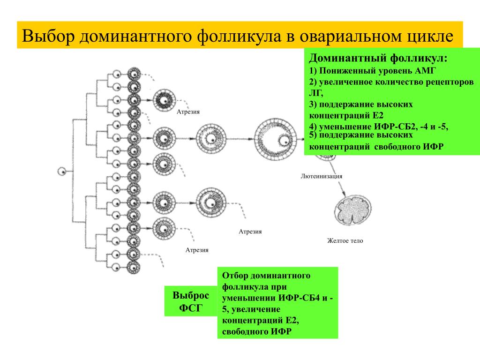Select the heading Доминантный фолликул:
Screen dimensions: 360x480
[x=378, y=59]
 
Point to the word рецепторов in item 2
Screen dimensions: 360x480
[x=448, y=82]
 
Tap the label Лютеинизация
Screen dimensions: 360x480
[x=322, y=176]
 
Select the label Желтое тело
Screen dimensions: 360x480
[x=345, y=241]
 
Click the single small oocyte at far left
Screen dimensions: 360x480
[x=61, y=172]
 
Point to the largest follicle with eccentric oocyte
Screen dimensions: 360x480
[x=276, y=139]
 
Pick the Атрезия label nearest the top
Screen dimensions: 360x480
[x=188, y=112]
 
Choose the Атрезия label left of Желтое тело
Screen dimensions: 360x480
[x=250, y=232]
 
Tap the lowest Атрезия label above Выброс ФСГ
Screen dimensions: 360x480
[x=197, y=250]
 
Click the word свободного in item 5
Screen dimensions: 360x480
[x=397, y=146]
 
